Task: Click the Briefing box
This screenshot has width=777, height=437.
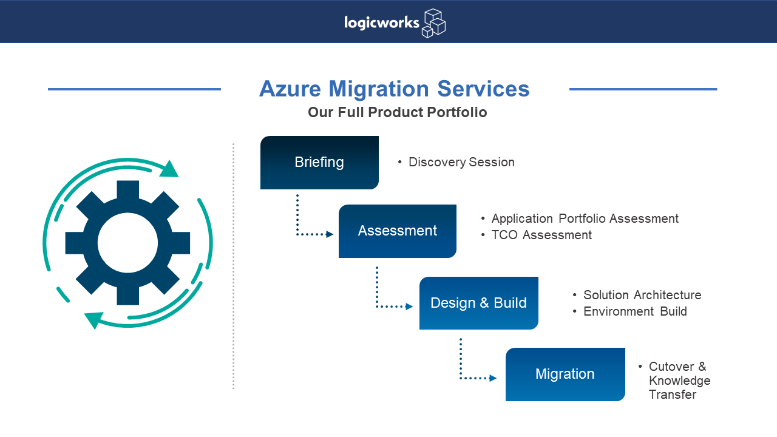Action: [319, 163]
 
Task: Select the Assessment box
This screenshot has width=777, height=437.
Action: [397, 231]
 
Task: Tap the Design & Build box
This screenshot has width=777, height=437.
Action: [478, 303]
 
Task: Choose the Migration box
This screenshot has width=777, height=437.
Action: [565, 374]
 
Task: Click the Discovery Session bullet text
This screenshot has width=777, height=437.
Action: [461, 163]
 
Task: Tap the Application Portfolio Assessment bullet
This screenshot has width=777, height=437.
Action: [585, 218]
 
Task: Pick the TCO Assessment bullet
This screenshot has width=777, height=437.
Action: [541, 235]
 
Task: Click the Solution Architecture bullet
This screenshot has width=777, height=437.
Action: [642, 295]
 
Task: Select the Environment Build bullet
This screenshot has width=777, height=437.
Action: [635, 311]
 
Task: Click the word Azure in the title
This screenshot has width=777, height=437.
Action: [291, 89]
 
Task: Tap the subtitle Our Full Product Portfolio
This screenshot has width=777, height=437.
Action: [397, 112]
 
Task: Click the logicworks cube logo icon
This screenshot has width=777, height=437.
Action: [433, 23]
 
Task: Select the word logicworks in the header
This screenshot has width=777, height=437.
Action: [381, 23]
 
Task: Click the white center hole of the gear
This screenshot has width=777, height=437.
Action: [127, 243]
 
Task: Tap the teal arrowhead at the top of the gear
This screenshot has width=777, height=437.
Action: [170, 169]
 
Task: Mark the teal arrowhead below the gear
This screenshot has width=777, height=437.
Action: [93, 319]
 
